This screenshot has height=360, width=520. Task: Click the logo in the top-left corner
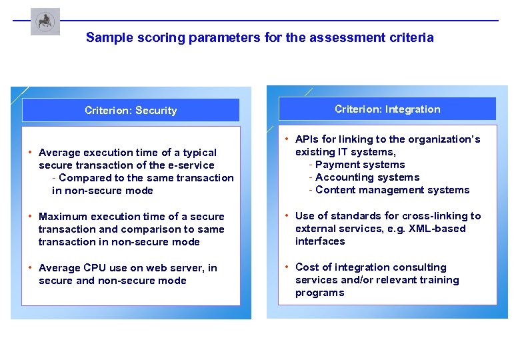click(x=45, y=22)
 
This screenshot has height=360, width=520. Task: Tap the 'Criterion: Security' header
click(x=131, y=111)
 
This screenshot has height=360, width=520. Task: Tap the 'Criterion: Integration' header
click(x=387, y=109)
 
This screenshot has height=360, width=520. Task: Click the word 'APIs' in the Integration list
click(x=307, y=139)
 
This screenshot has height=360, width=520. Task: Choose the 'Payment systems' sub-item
click(x=359, y=165)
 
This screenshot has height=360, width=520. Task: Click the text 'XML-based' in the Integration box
click(x=440, y=229)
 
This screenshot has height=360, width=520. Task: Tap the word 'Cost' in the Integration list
click(x=307, y=267)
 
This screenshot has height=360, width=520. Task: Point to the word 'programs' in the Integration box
click(x=319, y=293)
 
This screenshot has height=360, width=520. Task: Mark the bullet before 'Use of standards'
click(x=287, y=216)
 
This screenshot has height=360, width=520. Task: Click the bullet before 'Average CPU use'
click(x=31, y=268)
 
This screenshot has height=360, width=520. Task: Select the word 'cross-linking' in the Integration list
click(x=433, y=216)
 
